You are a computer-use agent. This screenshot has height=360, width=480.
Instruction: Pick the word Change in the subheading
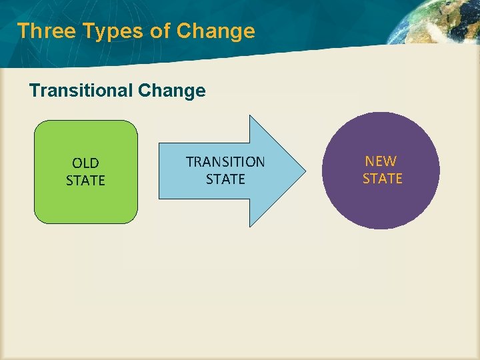(x=173, y=90)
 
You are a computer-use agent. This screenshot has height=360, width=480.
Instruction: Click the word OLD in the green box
(x=85, y=163)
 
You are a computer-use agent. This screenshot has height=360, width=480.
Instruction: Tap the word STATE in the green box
(x=85, y=180)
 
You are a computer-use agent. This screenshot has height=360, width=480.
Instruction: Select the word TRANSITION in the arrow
(x=225, y=162)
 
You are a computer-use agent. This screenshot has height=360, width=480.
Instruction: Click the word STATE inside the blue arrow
(x=225, y=179)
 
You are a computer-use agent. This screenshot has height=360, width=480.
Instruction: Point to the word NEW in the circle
(x=381, y=161)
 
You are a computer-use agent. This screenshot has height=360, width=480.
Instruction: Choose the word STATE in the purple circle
(x=382, y=178)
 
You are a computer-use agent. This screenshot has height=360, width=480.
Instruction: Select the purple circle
(x=381, y=207)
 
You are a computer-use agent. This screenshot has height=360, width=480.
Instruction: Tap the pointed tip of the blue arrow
(x=303, y=171)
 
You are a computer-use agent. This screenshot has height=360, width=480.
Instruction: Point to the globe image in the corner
(x=437, y=27)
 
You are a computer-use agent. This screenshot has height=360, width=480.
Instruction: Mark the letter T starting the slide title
(x=23, y=31)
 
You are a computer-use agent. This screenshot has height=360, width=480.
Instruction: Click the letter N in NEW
(x=369, y=161)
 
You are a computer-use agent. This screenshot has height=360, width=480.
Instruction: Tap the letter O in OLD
(x=77, y=163)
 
